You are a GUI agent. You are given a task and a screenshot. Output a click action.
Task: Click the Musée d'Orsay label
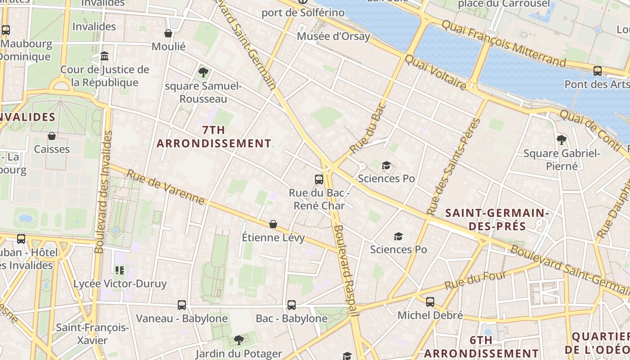(333, 36)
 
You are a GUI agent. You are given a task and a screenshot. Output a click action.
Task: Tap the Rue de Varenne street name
(165, 187)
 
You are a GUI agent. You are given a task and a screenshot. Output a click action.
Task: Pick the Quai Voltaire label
(436, 72)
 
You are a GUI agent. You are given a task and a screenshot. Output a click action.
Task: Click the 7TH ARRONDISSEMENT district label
(214, 137)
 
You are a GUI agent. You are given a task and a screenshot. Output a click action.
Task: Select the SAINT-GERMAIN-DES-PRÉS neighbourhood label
(497, 219)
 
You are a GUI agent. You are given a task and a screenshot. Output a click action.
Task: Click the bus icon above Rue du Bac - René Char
(319, 180)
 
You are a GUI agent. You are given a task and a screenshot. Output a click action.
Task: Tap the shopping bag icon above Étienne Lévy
(273, 224)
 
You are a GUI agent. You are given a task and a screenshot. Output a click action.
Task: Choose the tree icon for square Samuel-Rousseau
(203, 72)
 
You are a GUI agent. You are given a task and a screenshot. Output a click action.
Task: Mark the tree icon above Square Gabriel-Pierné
(561, 139)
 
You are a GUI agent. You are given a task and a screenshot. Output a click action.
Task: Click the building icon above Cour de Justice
(105, 56)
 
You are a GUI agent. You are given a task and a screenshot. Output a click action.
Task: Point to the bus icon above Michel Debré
(430, 302)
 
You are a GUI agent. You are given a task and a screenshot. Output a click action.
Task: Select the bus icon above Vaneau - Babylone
(182, 305)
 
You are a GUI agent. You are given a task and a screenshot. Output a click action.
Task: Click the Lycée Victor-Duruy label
(120, 284)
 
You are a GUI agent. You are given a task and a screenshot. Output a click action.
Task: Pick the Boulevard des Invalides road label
(103, 192)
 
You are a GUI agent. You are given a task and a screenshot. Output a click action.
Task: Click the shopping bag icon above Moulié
(168, 33)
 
